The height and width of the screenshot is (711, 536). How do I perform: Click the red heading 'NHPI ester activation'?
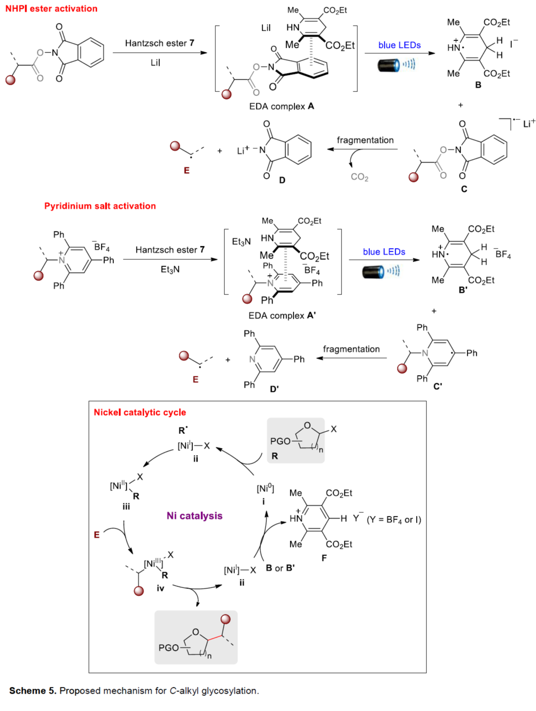pyautogui.click(x=51, y=8)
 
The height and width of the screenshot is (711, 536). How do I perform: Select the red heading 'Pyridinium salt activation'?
pyautogui.click(x=100, y=206)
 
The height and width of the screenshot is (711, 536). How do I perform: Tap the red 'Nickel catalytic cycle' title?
pyautogui.click(x=140, y=412)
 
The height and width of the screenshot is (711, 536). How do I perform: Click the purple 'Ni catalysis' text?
pyautogui.click(x=195, y=515)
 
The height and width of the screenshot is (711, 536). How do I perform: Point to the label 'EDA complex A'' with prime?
pyautogui.click(x=282, y=315)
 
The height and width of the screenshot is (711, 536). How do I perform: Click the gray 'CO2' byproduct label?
pyautogui.click(x=360, y=177)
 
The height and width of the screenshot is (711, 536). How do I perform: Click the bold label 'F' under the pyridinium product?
pyautogui.click(x=324, y=558)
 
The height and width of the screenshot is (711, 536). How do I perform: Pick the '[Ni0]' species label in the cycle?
pyautogui.click(x=265, y=488)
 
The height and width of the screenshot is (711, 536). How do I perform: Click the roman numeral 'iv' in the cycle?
pyautogui.click(x=160, y=588)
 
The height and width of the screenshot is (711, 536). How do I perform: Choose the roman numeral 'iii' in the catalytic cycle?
pyautogui.click(x=126, y=506)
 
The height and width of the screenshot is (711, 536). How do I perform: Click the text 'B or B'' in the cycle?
pyautogui.click(x=280, y=568)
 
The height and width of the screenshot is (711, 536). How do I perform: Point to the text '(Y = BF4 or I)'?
pyautogui.click(x=394, y=520)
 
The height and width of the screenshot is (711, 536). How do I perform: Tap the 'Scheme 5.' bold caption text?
pyautogui.click(x=32, y=691)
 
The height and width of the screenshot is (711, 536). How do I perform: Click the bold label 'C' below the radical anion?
pyautogui.click(x=464, y=189)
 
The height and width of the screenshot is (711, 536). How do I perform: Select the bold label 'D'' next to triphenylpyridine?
pyautogui.click(x=274, y=389)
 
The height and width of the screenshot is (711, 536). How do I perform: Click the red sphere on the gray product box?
pyautogui.click(x=226, y=619)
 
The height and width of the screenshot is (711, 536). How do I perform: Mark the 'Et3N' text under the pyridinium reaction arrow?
pyautogui.click(x=170, y=269)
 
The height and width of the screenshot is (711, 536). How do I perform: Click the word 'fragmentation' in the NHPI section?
pyautogui.click(x=365, y=140)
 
